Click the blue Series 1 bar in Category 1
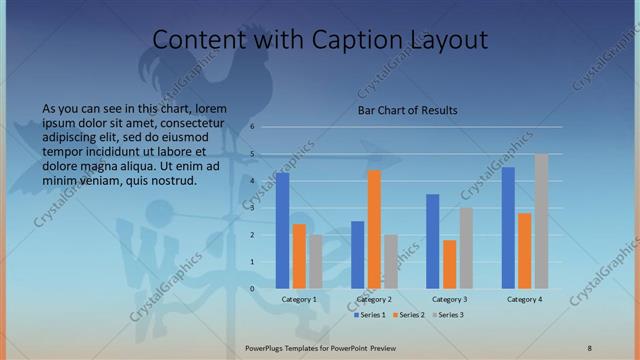(283, 231)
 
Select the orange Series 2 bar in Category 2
(374, 230)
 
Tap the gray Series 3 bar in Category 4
(541, 222)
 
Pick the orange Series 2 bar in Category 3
(450, 265)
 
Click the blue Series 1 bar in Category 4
(508, 228)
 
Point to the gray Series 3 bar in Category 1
(316, 262)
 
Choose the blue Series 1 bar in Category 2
(358, 255)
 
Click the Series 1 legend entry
(374, 315)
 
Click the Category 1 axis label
(299, 300)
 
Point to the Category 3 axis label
(450, 300)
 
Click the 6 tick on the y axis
(254, 127)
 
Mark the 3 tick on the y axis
(254, 208)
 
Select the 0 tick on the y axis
(254, 289)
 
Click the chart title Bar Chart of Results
(408, 111)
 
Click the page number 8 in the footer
(590, 347)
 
